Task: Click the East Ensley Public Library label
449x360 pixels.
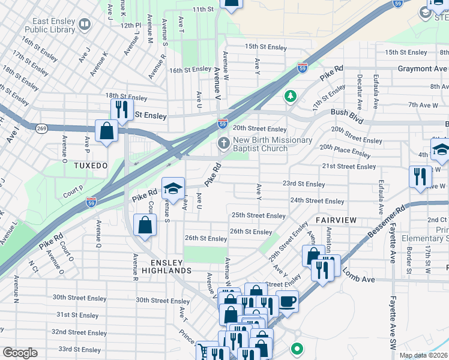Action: [x=49, y=24]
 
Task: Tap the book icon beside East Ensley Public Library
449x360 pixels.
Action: [x=84, y=24]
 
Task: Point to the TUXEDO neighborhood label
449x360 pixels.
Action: [x=90, y=165]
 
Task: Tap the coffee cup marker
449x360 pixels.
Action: [x=288, y=301]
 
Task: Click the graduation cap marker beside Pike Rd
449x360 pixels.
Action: [x=173, y=188]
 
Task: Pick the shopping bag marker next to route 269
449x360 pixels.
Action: [x=106, y=130]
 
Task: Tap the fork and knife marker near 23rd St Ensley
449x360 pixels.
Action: [x=420, y=176]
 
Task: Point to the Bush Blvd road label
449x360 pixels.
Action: [x=347, y=116]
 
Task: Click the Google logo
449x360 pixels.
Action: [x=20, y=353]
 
